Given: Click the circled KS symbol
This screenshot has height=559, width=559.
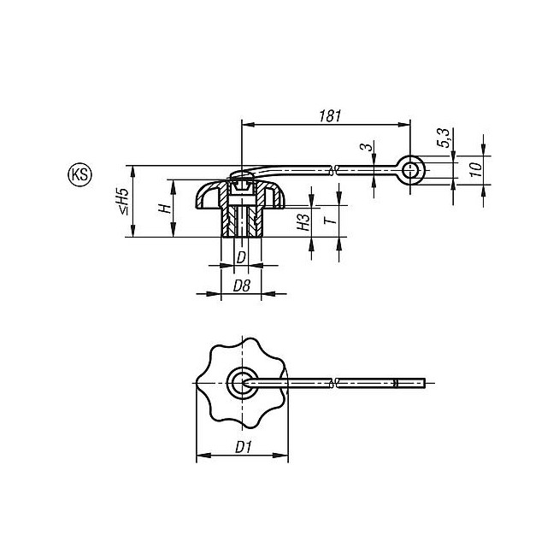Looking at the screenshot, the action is (79, 175).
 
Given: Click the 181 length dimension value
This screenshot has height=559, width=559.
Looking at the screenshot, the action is (330, 116).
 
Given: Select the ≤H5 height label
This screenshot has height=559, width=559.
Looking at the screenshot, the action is (123, 201).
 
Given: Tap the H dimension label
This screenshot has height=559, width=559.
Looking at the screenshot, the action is (164, 209).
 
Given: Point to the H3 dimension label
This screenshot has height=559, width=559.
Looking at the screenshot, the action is (303, 221).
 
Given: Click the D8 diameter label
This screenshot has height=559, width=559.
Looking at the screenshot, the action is (242, 285).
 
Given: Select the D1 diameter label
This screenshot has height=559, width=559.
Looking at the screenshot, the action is (244, 447).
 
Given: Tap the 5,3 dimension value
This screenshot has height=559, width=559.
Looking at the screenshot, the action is (444, 138).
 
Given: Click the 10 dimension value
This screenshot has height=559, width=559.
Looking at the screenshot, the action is (475, 169).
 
